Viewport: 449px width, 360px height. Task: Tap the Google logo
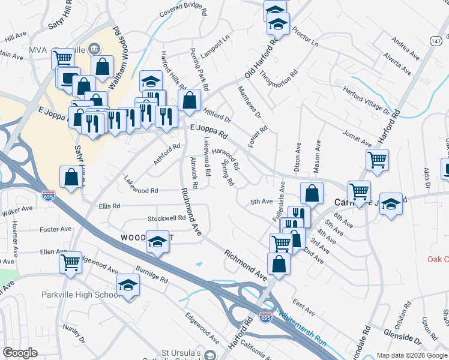20,353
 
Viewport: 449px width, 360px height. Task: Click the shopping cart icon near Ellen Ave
71,262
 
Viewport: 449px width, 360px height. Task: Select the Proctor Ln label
306,40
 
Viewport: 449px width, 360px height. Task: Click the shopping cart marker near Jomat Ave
377,160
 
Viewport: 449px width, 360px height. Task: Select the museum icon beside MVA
94,48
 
